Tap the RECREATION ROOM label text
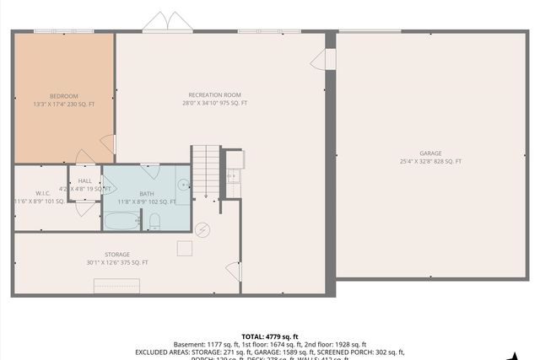tap(215, 95)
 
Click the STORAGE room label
tap(117, 254)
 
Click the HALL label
tap(85, 180)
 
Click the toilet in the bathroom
tap(154, 221)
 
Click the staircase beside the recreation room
tap(205, 171)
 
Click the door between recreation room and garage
tap(325, 59)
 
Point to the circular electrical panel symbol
tap(202, 228)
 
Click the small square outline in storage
tap(184, 248)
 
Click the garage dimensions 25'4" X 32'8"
tap(430, 161)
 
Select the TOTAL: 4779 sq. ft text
tap(270, 336)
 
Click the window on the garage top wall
tap(370, 31)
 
